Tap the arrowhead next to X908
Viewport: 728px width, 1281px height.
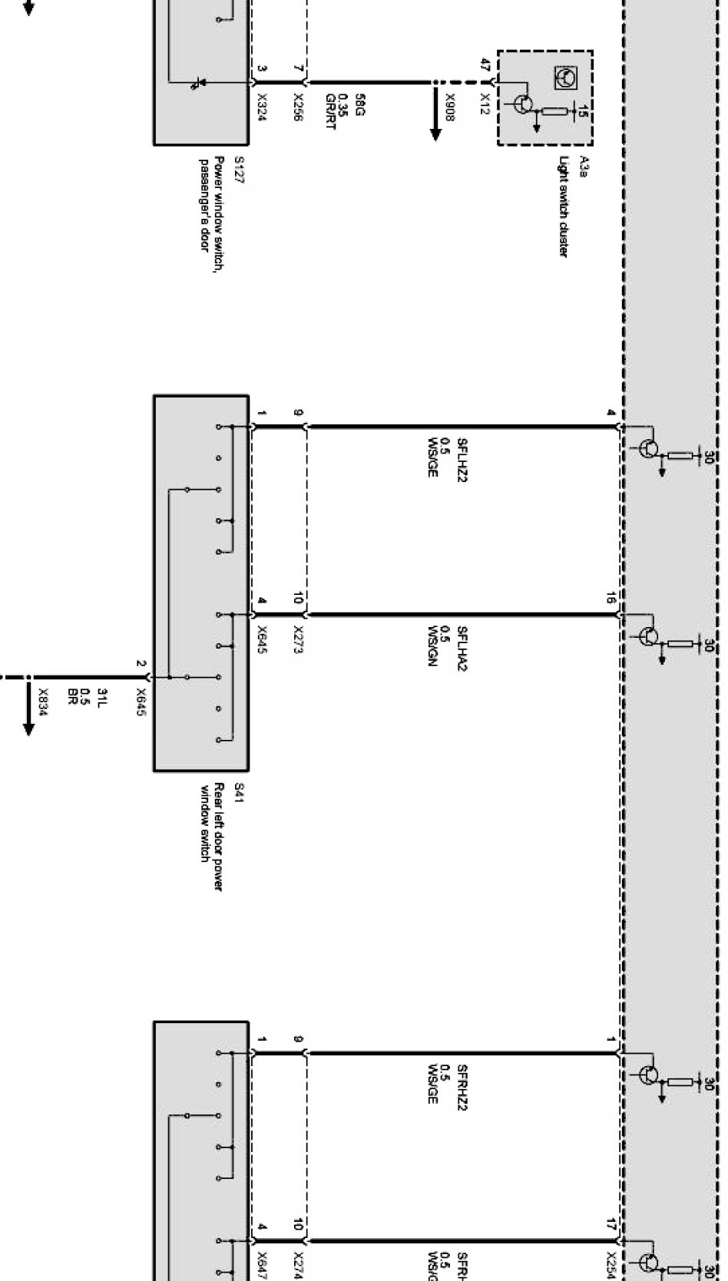(x=435, y=132)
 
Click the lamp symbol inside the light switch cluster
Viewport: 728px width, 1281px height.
(x=564, y=77)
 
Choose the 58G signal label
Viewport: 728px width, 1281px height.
(x=358, y=103)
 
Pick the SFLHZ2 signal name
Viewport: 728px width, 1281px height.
(x=462, y=460)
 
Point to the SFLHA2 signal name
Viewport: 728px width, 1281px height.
(x=462, y=648)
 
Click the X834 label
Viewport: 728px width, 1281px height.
(x=43, y=702)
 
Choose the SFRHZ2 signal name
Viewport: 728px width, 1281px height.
(x=462, y=1087)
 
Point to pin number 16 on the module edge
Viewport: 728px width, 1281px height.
(x=611, y=598)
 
